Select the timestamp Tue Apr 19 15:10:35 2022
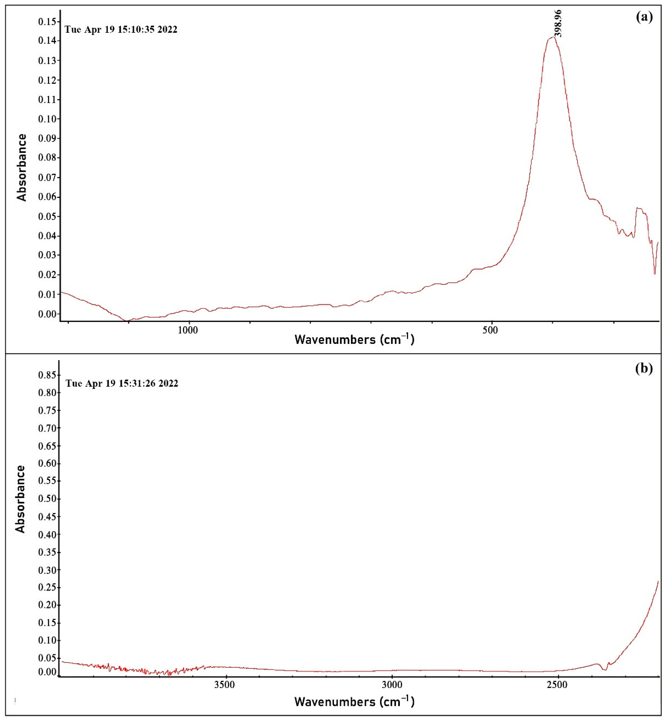pos(121,30)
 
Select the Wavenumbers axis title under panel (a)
pos(354,339)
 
